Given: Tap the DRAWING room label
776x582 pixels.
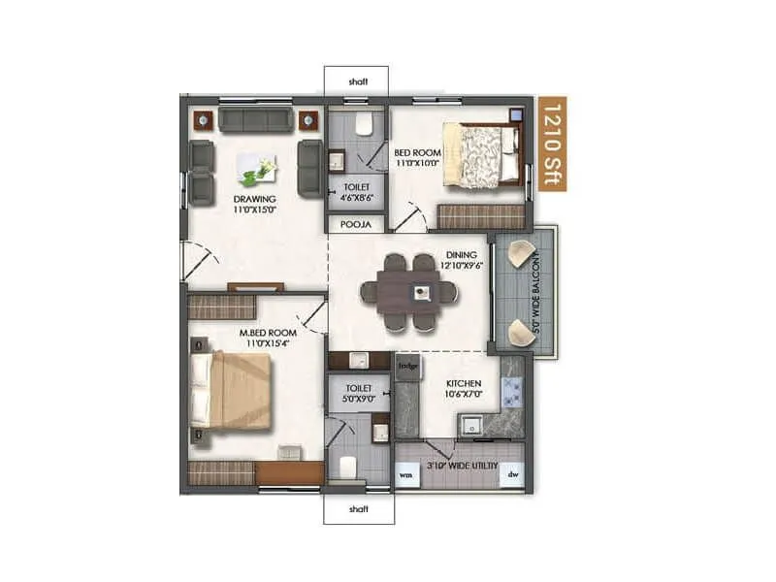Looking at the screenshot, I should [x=254, y=203].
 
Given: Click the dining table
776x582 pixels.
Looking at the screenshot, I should [x=406, y=292].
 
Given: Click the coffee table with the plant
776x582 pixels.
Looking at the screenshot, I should [x=257, y=170].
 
